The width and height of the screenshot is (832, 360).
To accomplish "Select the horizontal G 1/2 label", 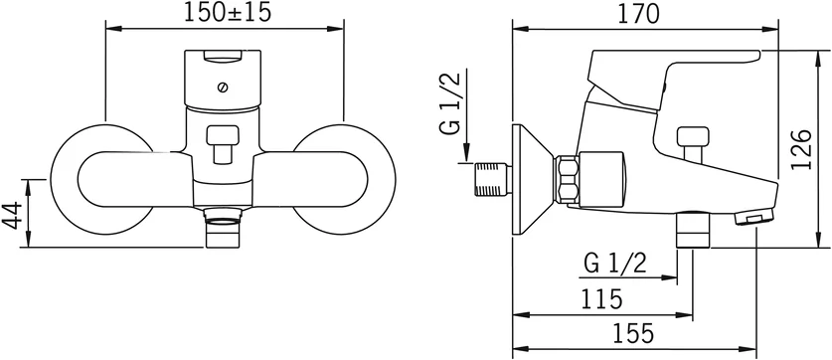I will click(x=615, y=264).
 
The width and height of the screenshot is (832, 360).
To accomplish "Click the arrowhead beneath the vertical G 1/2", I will click(x=464, y=157).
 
